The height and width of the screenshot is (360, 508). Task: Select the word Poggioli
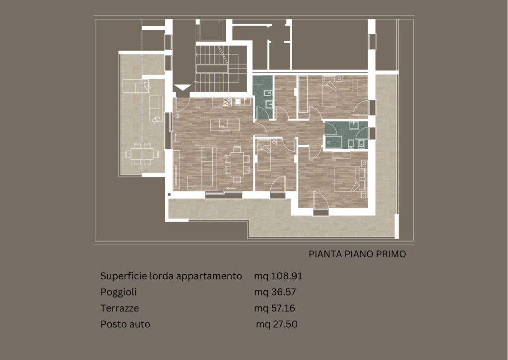click(119, 292)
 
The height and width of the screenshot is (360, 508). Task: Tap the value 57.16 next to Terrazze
click(283, 308)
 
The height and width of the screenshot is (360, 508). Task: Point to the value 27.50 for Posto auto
click(285, 324)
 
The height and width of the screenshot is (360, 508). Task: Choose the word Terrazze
click(120, 308)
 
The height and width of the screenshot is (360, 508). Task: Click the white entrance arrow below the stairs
click(183, 87)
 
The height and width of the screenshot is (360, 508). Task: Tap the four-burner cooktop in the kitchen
click(227, 102)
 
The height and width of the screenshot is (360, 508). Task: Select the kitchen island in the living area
click(225, 124)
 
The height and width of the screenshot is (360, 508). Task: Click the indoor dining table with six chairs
click(238, 164)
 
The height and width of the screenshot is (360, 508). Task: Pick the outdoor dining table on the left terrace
click(142, 154)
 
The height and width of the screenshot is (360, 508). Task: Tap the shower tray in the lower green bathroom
click(334, 142)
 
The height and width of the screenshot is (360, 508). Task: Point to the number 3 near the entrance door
click(177, 116)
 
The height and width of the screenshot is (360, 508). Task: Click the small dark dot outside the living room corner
click(169, 194)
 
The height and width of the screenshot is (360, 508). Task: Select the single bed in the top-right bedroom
click(329, 92)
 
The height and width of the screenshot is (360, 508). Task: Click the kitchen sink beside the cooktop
click(243, 102)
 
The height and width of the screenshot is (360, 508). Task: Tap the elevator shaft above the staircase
click(210, 30)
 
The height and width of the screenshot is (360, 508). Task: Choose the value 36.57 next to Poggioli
click(283, 292)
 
